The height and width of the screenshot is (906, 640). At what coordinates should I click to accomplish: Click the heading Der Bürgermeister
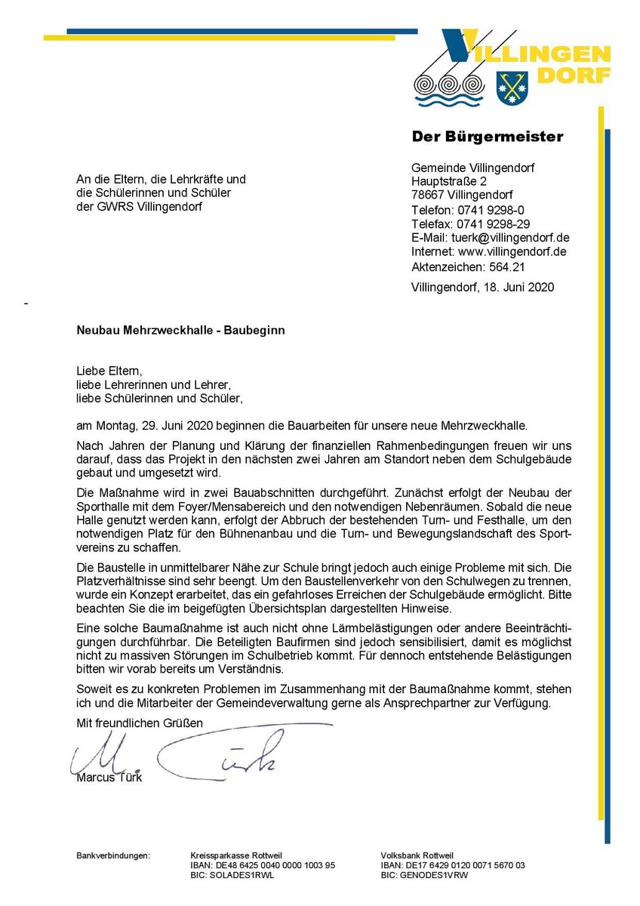(487, 137)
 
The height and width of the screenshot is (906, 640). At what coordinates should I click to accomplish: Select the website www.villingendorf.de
(512, 251)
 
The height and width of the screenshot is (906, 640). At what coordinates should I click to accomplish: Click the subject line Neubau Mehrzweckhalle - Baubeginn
(180, 330)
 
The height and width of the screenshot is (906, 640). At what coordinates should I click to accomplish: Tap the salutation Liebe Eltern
(109, 371)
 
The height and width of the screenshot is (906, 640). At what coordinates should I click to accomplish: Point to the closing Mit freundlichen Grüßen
(140, 723)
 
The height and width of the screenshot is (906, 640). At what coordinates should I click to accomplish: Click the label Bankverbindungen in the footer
(113, 855)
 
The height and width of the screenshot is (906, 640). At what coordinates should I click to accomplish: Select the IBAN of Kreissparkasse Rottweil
(263, 865)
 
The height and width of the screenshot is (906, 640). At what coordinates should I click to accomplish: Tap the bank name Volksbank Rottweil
(414, 855)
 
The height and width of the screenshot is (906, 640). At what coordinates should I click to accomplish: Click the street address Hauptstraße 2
(448, 182)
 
